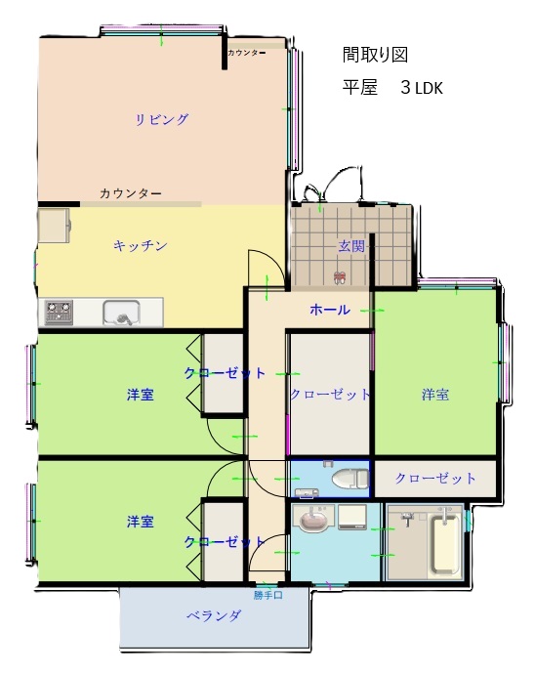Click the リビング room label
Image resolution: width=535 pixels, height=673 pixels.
(x=162, y=119)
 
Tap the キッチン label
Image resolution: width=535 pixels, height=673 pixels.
(x=141, y=245)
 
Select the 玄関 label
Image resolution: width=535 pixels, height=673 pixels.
(x=351, y=246)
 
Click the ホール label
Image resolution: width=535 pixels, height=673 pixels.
(x=330, y=310)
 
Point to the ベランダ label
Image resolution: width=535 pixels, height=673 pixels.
(x=214, y=616)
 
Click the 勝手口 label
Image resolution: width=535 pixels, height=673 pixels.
(x=267, y=595)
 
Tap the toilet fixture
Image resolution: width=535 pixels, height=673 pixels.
(x=350, y=479)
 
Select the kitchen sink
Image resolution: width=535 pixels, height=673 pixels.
(x=121, y=312)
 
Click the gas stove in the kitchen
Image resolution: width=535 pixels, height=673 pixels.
(x=59, y=312)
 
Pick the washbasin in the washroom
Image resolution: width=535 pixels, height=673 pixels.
(x=313, y=519)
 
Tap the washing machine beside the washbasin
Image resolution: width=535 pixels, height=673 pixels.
(x=352, y=517)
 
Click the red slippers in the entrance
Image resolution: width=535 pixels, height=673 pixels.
(x=340, y=277)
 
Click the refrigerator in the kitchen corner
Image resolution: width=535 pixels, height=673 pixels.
(x=55, y=226)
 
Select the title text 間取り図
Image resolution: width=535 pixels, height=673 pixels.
(x=375, y=55)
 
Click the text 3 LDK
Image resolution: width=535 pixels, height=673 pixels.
(x=422, y=88)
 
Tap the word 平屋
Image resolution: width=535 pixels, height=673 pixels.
(x=360, y=88)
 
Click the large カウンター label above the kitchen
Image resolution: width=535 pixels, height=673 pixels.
(x=131, y=193)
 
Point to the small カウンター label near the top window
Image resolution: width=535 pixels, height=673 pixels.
(x=246, y=53)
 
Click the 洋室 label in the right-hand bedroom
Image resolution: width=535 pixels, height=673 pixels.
(x=435, y=395)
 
